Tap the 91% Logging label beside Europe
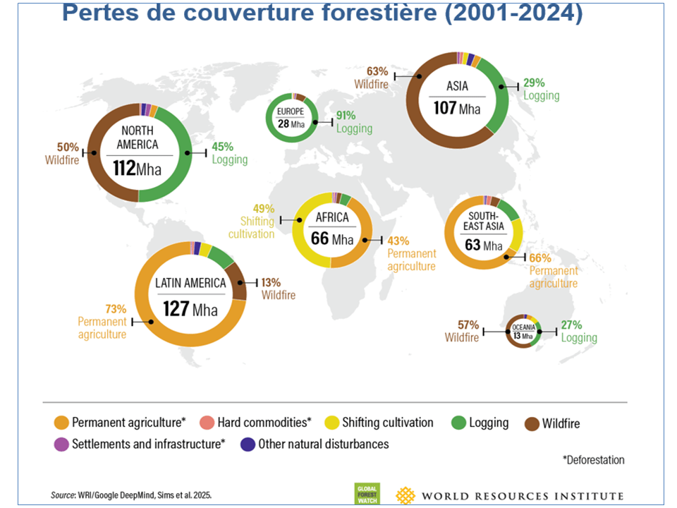pos(353,122)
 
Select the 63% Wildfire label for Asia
pos(373,77)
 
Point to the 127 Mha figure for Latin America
pos(190,309)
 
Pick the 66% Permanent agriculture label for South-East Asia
pos(553,270)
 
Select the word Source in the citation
pos(64,495)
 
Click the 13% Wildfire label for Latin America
pos(278,289)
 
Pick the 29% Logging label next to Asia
pos(541,89)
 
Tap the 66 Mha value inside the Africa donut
pos(331,238)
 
